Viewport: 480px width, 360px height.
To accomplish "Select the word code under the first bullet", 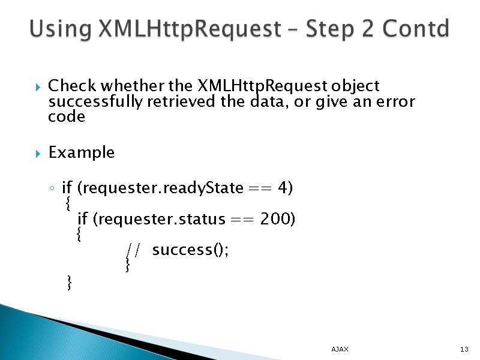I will [66, 117].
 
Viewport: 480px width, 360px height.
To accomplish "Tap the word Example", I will [81, 153].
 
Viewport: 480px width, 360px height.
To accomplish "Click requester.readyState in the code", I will [162, 189].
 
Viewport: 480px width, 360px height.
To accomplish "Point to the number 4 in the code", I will [283, 188].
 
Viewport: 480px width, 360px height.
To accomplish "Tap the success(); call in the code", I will [190, 250].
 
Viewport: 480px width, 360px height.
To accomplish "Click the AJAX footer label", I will [340, 349].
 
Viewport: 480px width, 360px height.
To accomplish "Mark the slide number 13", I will [463, 349].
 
